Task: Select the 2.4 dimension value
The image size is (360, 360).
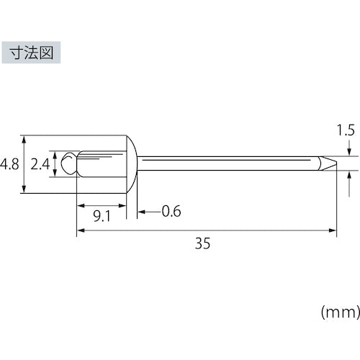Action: click(40, 163)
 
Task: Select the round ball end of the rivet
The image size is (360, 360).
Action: click(68, 163)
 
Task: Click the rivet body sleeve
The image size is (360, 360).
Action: click(101, 163)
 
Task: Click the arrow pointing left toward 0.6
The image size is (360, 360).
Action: click(143, 212)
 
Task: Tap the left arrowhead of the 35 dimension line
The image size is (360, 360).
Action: click(80, 231)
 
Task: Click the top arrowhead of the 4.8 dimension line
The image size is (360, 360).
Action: click(25, 138)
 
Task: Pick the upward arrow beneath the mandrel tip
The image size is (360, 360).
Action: click(348, 174)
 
